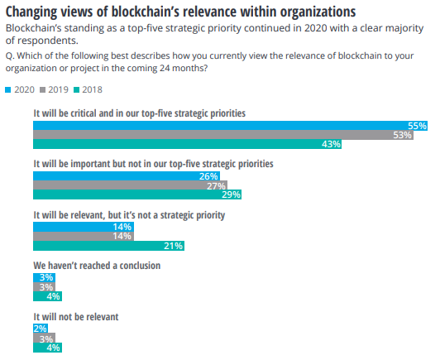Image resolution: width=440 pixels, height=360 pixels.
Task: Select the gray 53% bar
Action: pyautogui.click(x=223, y=135)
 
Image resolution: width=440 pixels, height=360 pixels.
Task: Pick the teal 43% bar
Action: pyautogui.click(x=187, y=145)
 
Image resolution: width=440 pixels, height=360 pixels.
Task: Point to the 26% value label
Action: pyautogui.click(x=208, y=176)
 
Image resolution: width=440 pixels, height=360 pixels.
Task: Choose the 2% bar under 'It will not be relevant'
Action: pyautogui.click(x=40, y=328)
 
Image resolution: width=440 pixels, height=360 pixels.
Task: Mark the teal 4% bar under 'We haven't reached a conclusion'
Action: pyautogui.click(x=46, y=296)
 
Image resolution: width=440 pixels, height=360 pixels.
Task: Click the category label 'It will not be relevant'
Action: pyautogui.click(x=76, y=316)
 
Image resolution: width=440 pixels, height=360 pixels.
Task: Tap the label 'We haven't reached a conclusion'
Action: pyautogui.click(x=96, y=266)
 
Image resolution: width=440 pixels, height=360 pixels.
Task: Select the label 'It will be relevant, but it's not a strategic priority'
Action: pyautogui.click(x=128, y=215)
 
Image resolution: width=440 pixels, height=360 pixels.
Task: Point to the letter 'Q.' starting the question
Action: pyautogui.click(x=9, y=55)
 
